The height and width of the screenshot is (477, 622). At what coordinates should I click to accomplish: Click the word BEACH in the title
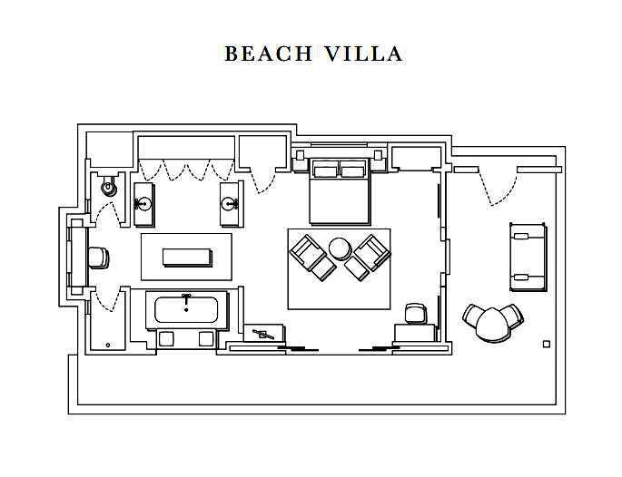pyautogui.click(x=269, y=54)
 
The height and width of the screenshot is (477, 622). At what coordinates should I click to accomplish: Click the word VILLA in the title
pyautogui.click(x=364, y=54)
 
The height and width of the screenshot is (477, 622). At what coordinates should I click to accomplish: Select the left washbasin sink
pyautogui.click(x=143, y=204)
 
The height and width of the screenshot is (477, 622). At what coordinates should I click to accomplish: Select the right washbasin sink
pyautogui.click(x=229, y=204)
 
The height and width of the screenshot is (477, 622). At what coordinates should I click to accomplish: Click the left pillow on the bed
pyautogui.click(x=325, y=171)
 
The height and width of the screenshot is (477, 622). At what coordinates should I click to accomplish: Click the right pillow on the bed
pyautogui.click(x=353, y=171)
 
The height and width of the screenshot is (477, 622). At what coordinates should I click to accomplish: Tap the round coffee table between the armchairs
pyautogui.click(x=341, y=248)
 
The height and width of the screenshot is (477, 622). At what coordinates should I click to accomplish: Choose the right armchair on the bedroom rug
pyautogui.click(x=368, y=257)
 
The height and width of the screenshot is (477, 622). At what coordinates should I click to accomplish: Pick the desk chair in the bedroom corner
pyautogui.click(x=415, y=313)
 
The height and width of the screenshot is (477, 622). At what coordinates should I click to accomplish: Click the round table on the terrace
pyautogui.click(x=492, y=325)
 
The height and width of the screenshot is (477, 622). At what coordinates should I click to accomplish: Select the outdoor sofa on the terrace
pyautogui.click(x=528, y=257)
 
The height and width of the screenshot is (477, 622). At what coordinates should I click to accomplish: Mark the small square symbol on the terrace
pyautogui.click(x=547, y=345)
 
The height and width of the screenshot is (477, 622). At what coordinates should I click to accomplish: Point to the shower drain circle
pyautogui.click(x=108, y=346)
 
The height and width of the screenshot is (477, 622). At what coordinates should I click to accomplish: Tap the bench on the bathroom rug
pyautogui.click(x=187, y=258)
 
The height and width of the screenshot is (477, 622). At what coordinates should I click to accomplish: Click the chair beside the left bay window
pyautogui.click(x=98, y=258)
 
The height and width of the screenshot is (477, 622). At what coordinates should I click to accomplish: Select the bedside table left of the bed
pyautogui.click(x=300, y=155)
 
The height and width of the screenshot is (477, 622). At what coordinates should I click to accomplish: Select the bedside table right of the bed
pyautogui.click(x=378, y=155)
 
